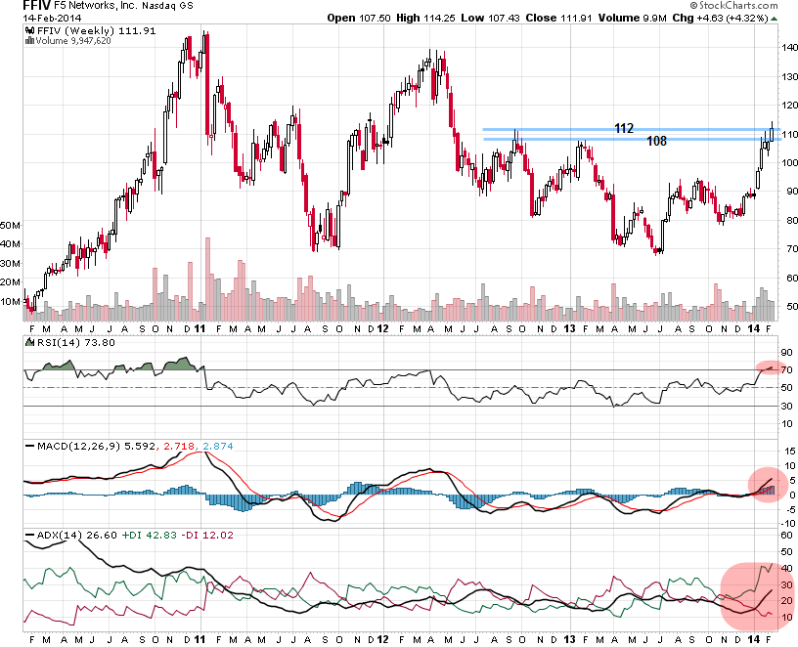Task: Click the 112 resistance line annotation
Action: (x=625, y=128)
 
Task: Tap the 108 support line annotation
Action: (x=656, y=141)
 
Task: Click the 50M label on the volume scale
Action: (x=12, y=225)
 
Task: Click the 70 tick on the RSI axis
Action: (x=787, y=370)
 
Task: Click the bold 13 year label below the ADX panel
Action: (x=567, y=638)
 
